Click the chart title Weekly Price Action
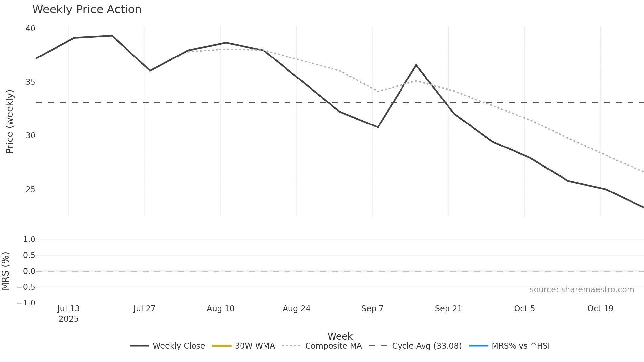(87, 10)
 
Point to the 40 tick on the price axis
(30, 29)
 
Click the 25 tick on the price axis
(30, 190)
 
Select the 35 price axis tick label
(30, 82)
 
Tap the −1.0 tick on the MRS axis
(26, 303)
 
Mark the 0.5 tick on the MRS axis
(29, 255)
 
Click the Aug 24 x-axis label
(296, 309)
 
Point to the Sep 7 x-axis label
(372, 309)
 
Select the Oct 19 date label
(600, 309)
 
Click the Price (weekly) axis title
(10, 122)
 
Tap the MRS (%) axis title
(6, 271)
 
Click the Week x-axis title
(340, 336)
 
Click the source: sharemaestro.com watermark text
(582, 290)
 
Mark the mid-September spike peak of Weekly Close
(416, 65)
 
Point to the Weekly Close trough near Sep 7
(378, 127)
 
